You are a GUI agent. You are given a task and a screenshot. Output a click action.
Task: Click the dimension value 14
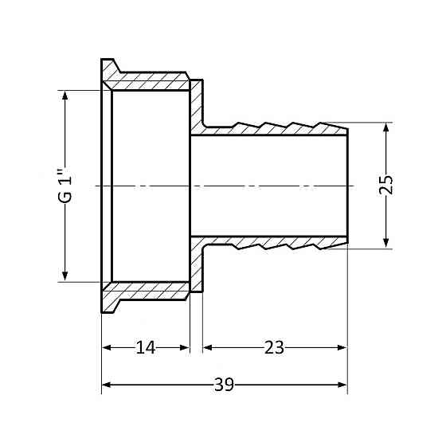coord(145,347)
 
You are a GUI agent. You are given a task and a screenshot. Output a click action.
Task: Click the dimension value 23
coord(274,347)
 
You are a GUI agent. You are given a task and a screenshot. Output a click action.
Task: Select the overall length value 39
coord(224,386)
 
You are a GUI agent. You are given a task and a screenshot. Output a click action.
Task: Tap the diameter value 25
coord(386,186)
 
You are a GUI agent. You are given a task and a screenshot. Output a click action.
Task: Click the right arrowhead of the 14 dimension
coord(185,347)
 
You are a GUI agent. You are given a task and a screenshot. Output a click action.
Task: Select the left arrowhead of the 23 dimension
coord(209,347)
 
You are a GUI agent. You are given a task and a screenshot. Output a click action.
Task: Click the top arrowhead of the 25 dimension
coord(386,127)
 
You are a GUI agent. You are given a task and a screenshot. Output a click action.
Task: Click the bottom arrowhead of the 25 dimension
coord(386,243)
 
